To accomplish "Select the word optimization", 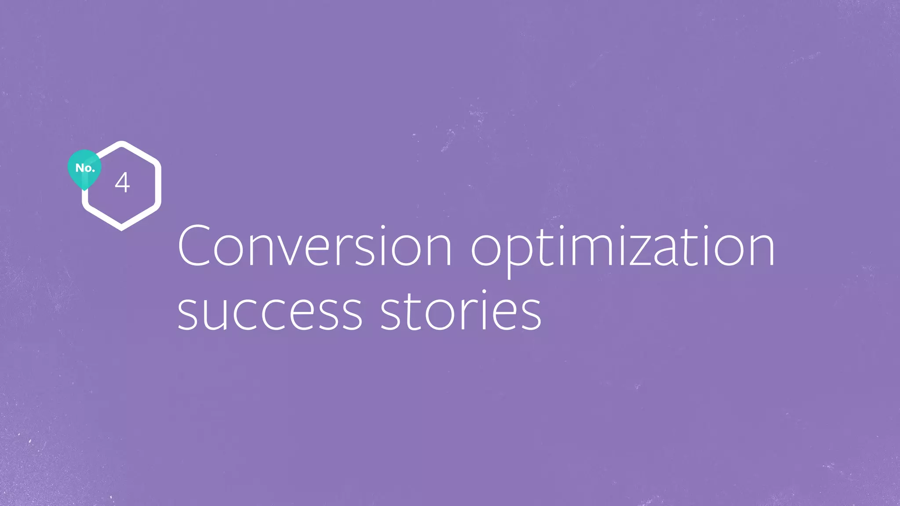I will point(622,249).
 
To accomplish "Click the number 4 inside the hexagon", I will point(122,183).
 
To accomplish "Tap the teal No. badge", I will point(84,168).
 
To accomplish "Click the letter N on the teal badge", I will point(80,168).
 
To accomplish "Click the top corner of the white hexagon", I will point(121,142).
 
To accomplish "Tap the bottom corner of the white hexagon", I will point(121,229).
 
